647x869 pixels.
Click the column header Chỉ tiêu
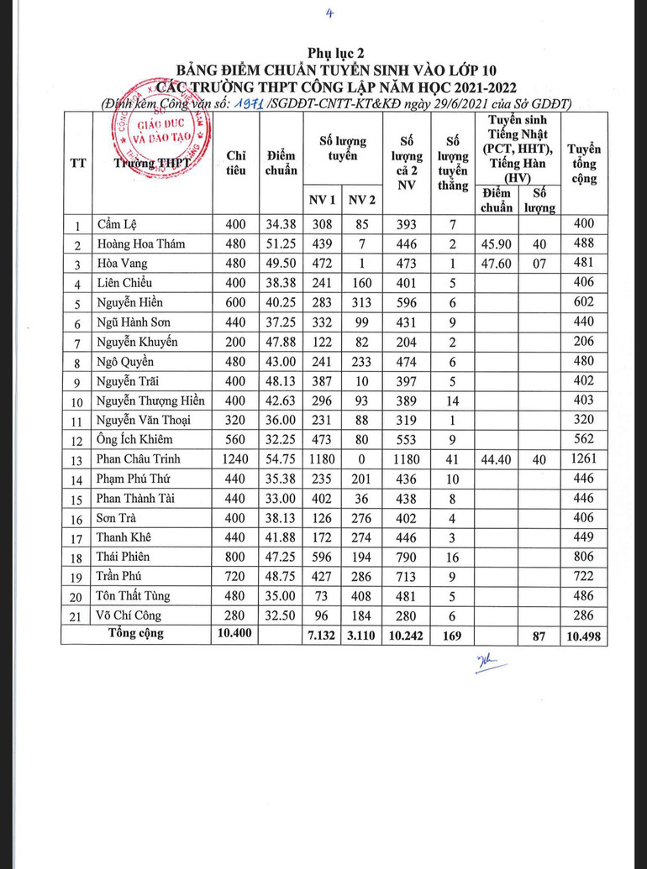[236, 162]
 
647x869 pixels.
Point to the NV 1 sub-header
[323, 200]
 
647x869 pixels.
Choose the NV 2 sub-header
[362, 200]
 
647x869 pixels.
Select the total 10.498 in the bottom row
[584, 636]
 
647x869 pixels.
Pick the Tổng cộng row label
[136, 634]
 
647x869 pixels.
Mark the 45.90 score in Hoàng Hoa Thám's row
[497, 244]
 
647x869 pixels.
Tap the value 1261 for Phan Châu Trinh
[584, 459]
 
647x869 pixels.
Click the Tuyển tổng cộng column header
[584, 163]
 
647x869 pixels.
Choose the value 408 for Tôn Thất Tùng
[362, 596]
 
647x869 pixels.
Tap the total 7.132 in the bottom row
[323, 636]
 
